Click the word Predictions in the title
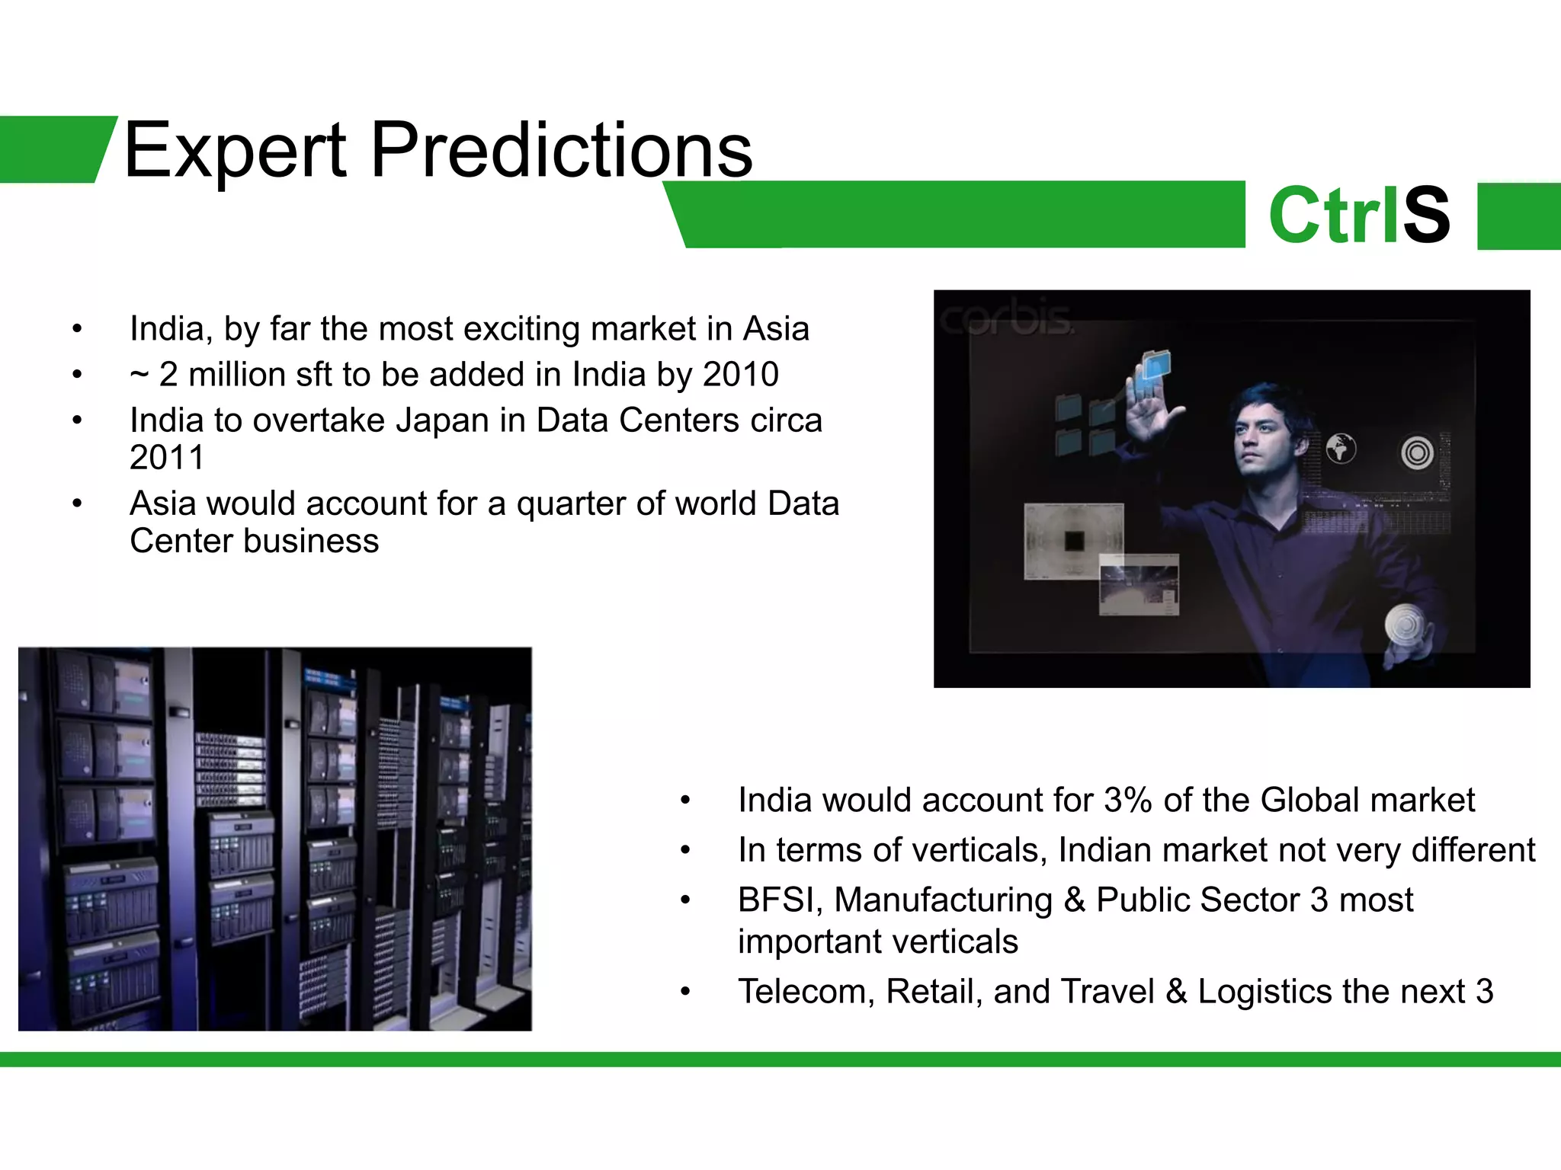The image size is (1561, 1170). (x=562, y=150)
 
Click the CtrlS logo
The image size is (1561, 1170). (x=1359, y=216)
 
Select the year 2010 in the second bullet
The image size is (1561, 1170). (x=740, y=375)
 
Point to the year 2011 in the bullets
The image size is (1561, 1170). (x=167, y=458)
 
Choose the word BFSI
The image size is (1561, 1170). (x=780, y=900)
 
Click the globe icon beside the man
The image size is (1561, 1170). (x=1341, y=449)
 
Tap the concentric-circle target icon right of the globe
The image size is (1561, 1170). (x=1417, y=453)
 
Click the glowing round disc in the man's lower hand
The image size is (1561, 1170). (x=1405, y=626)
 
